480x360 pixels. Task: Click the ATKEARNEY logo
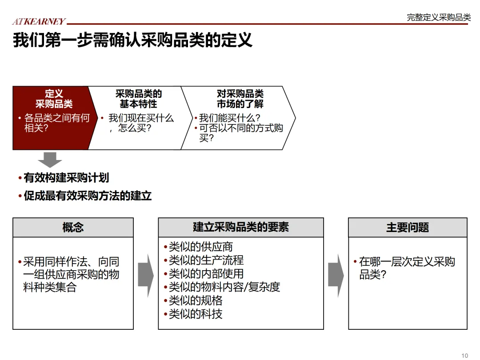pos(39,21)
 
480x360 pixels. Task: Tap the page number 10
pos(465,355)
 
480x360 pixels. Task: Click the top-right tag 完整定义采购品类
pos(438,17)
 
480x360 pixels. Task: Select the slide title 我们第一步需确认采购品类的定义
pos(132,40)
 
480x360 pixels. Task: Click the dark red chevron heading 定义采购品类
pos(54,99)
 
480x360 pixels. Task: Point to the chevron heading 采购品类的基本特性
pos(138,99)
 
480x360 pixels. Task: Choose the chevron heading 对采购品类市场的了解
pos(240,99)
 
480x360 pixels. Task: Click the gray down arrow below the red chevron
pos(50,160)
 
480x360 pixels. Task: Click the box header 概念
pos(73,228)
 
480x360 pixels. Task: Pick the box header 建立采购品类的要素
pos(241,228)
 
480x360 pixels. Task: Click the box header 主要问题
pos(408,228)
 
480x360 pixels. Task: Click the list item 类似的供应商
pos(200,247)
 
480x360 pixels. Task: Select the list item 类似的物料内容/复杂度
pos(224,287)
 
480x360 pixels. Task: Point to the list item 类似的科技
pos(195,314)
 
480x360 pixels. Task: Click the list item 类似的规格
pos(195,300)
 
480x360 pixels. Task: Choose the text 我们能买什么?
pos(229,118)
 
